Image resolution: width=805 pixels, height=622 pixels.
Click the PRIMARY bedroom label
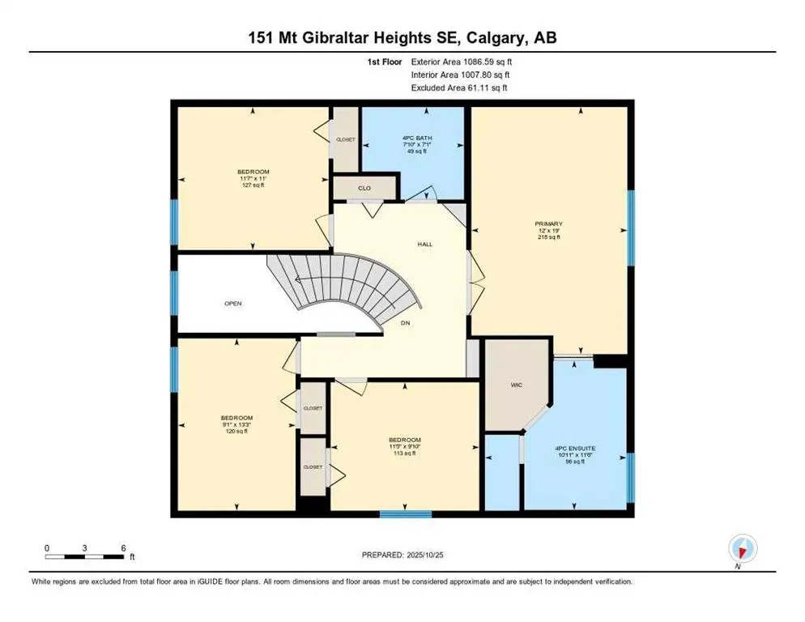pos(548,224)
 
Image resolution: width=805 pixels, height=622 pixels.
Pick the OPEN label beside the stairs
pos(233,304)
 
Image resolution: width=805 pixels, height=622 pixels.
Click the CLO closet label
pos(364,189)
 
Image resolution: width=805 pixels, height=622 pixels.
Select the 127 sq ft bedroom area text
pos(253,185)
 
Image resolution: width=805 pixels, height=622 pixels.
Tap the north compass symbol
pos(740,548)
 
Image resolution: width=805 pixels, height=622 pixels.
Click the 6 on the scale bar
pos(123,548)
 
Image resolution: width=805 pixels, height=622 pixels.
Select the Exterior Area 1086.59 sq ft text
pos(460,62)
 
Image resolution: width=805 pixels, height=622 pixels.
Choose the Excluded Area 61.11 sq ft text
pos(460,87)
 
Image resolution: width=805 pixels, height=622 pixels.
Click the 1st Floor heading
pos(384,62)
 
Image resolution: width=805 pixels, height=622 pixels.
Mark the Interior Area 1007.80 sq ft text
pos(460,75)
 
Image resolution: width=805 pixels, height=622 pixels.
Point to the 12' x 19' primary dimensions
pos(548,231)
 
